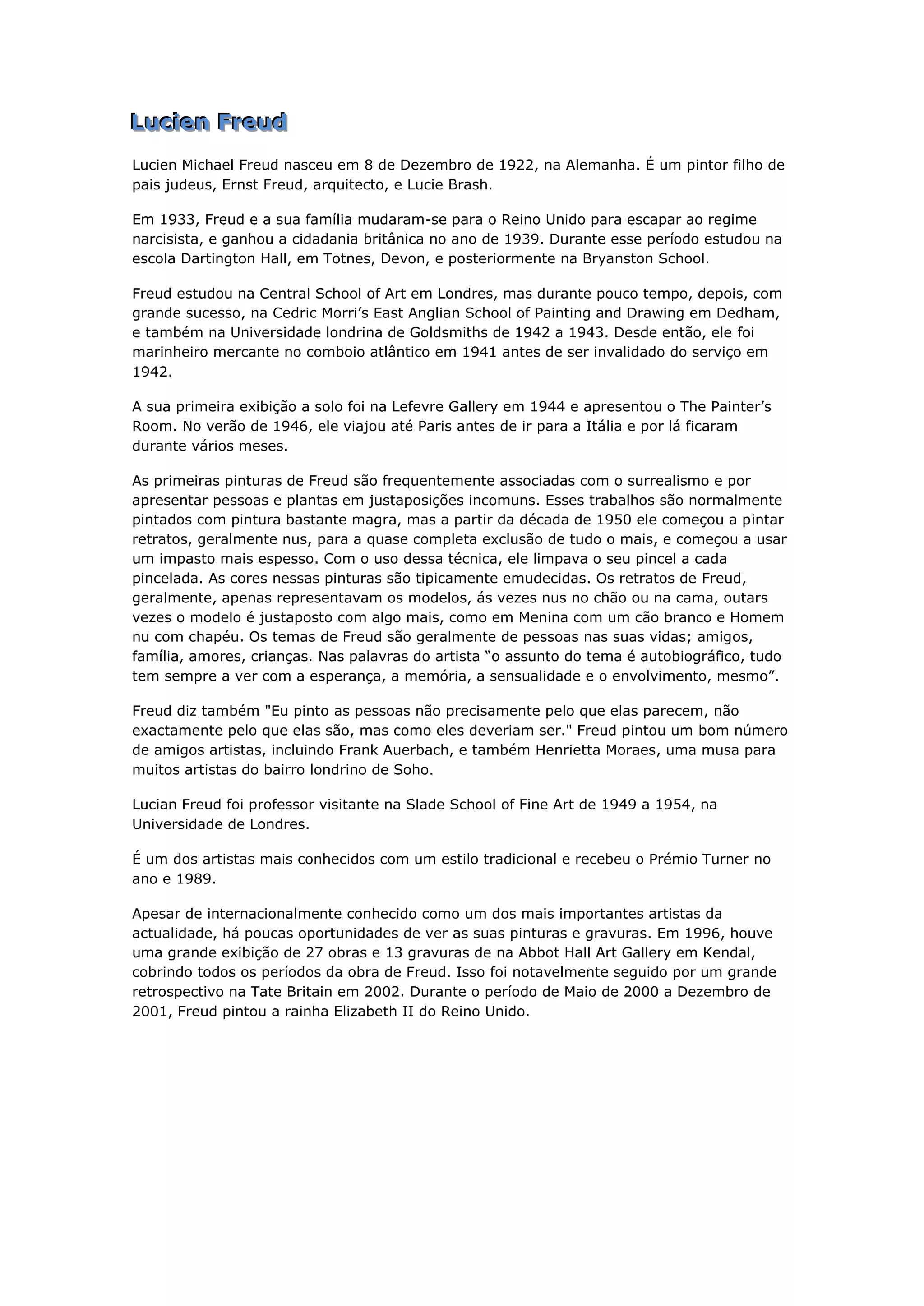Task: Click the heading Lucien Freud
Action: click(209, 122)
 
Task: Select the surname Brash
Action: click(471, 185)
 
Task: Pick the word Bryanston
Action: click(618, 259)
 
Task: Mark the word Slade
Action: click(425, 805)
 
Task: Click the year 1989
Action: click(196, 879)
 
